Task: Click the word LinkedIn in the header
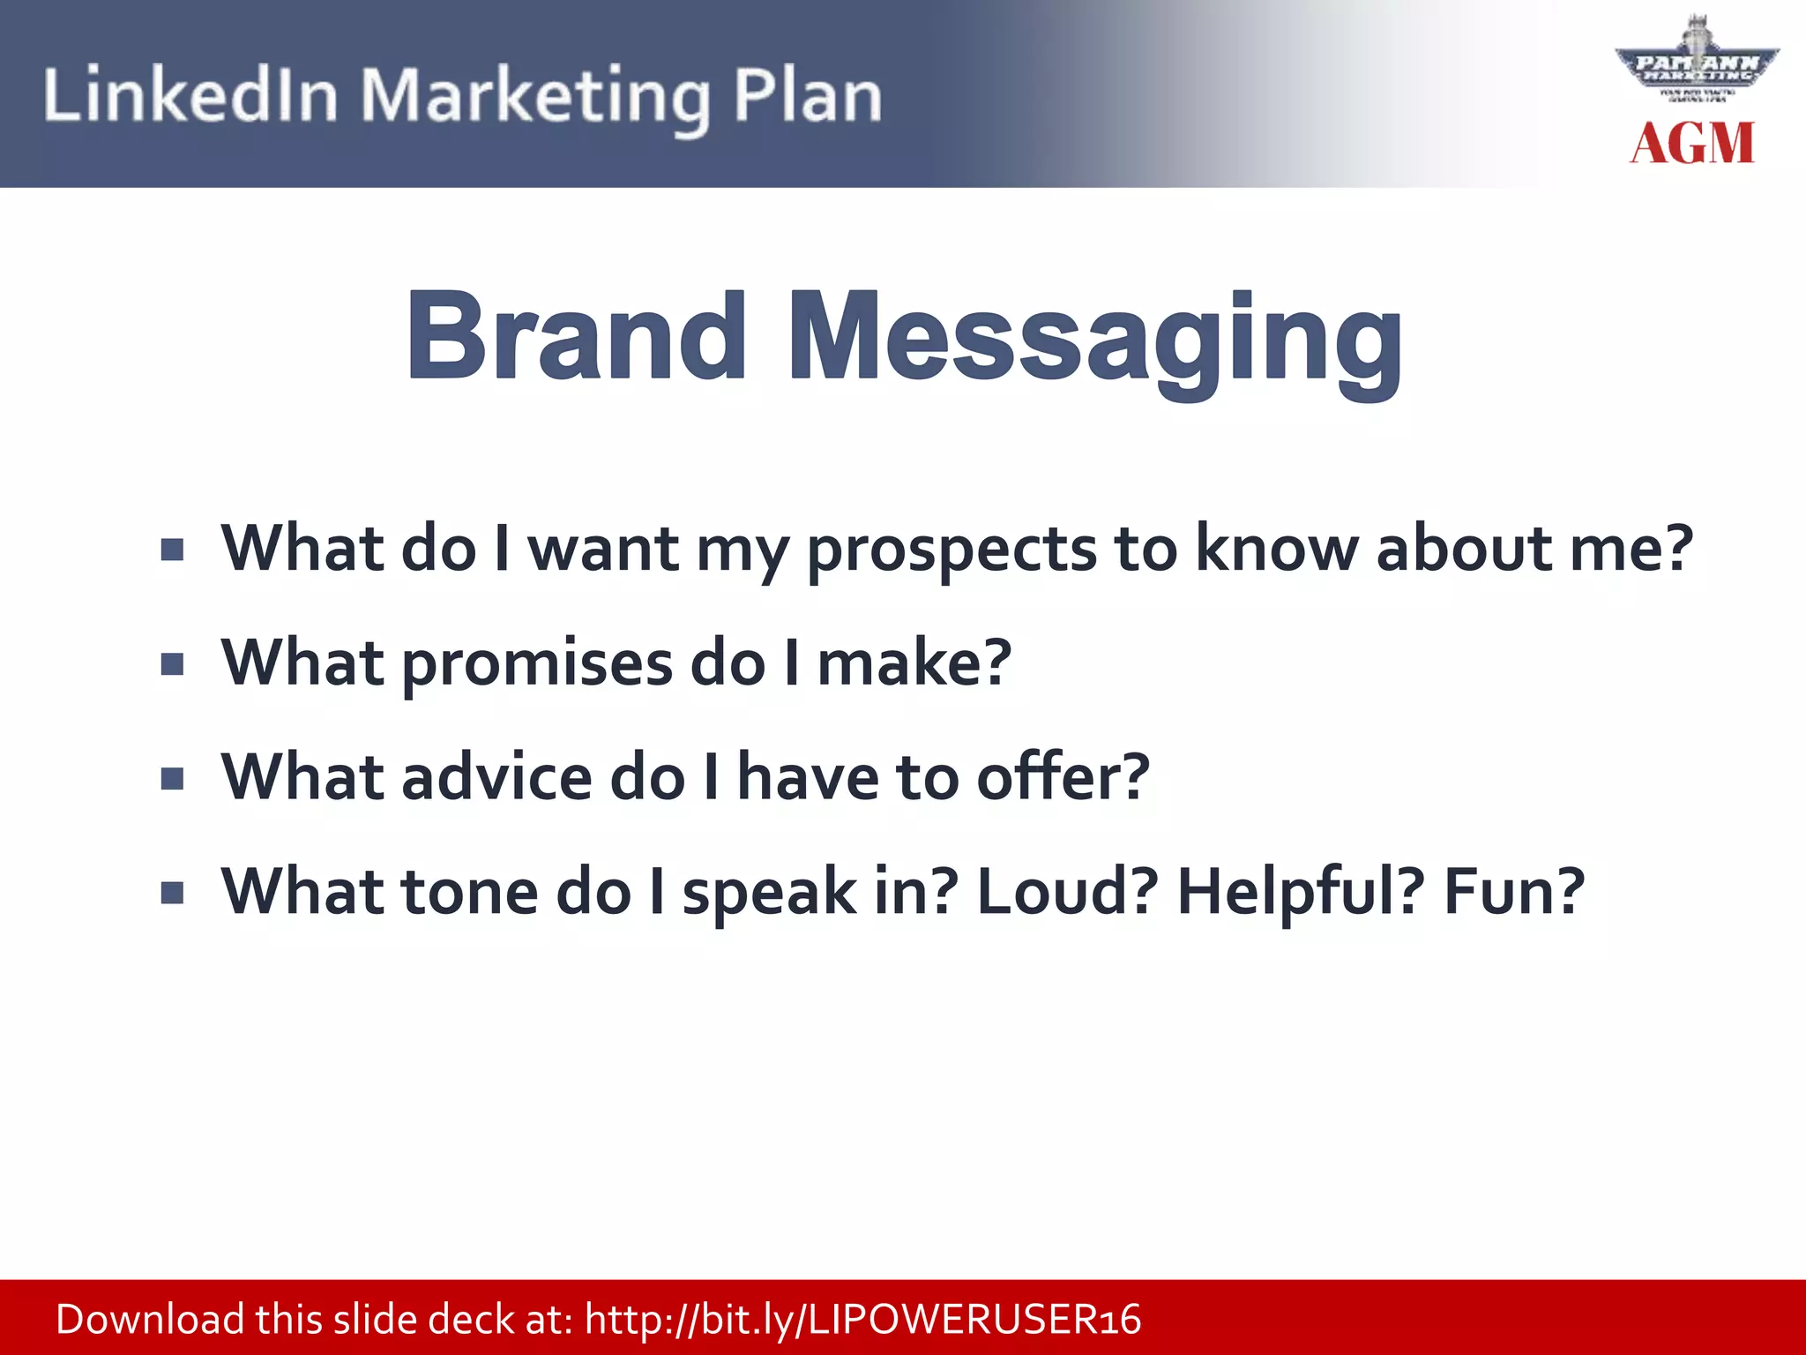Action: [190, 95]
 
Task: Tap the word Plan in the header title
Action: [807, 95]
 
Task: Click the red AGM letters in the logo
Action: [1691, 144]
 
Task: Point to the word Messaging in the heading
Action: [1093, 340]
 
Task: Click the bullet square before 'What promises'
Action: [173, 663]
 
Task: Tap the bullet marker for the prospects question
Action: [173, 550]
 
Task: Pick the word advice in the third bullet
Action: [496, 778]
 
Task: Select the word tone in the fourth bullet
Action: [468, 892]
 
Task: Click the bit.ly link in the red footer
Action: [862, 1320]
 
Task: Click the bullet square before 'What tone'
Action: [173, 894]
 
